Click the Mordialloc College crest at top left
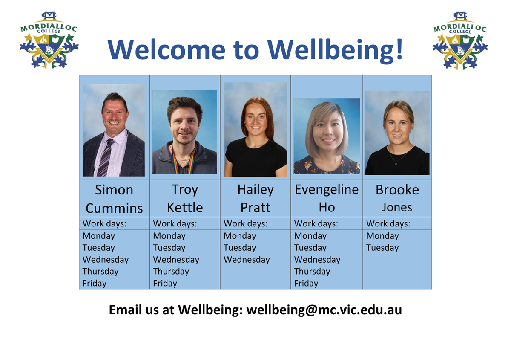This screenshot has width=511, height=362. click(x=49, y=40)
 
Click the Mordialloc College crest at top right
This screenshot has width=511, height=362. click(x=460, y=40)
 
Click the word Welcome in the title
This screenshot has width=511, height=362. click(x=167, y=49)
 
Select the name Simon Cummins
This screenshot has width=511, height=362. click(x=114, y=199)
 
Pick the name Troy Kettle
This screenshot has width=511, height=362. click(x=185, y=198)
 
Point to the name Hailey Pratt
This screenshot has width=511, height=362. click(x=255, y=198)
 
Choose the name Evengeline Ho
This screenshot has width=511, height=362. click(x=327, y=198)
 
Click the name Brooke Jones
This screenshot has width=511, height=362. click(x=397, y=198)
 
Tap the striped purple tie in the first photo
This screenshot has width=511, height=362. click(x=106, y=158)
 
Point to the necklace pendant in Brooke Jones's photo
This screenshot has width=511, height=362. click(x=396, y=164)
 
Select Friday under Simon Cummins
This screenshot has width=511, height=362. click(x=95, y=283)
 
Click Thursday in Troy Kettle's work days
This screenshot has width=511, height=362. click(x=171, y=271)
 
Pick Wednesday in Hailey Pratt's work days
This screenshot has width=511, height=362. click(x=247, y=259)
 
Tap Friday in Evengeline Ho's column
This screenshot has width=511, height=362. click(x=306, y=283)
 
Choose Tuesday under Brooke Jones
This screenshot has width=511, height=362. click(x=382, y=248)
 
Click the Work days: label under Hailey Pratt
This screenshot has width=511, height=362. click(x=245, y=223)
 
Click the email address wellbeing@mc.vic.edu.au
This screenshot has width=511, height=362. click(x=324, y=310)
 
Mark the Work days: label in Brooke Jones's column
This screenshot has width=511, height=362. click(x=388, y=223)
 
